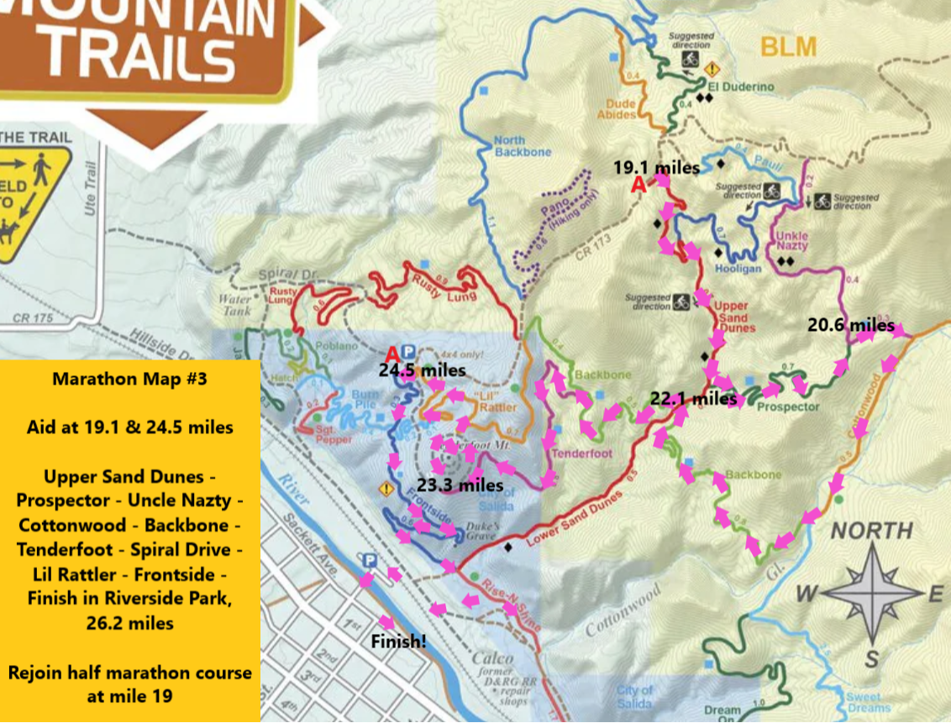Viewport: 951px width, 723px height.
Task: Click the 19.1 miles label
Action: [x=656, y=167]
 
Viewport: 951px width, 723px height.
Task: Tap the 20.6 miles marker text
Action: [x=851, y=324]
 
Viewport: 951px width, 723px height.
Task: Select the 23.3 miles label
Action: [x=460, y=485]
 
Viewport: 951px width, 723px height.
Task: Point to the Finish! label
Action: [x=399, y=642]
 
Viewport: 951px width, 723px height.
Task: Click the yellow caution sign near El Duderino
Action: [x=712, y=69]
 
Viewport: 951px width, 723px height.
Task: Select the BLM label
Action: [x=788, y=47]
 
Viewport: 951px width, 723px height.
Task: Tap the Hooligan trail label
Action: [x=738, y=270]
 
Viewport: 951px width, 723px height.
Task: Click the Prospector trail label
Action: [x=787, y=406]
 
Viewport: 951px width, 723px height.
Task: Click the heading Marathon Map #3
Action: [x=129, y=379]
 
